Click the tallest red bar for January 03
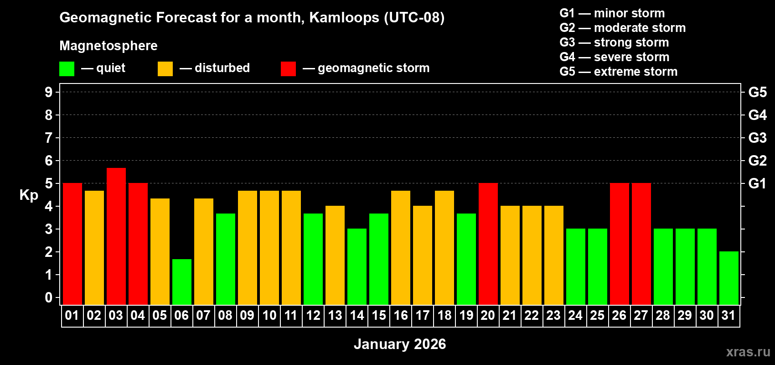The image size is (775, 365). (116, 236)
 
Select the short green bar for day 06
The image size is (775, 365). (182, 282)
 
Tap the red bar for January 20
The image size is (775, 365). (488, 244)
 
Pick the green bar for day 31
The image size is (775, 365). (729, 278)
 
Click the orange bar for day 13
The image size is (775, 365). (335, 255)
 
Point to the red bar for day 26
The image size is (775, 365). (620, 244)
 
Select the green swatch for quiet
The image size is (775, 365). (67, 69)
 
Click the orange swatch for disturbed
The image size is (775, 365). (165, 69)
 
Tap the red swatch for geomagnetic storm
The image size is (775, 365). (288, 69)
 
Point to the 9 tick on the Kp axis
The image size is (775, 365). (49, 92)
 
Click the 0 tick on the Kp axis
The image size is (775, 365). (49, 297)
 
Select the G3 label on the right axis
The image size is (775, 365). (757, 138)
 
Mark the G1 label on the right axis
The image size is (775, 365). (757, 183)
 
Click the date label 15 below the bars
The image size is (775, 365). (379, 315)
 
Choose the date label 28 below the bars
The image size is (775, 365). (662, 315)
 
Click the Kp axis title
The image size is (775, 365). (29, 195)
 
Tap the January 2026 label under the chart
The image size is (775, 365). (400, 344)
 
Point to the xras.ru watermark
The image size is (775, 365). (748, 352)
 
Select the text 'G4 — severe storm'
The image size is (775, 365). (614, 57)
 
